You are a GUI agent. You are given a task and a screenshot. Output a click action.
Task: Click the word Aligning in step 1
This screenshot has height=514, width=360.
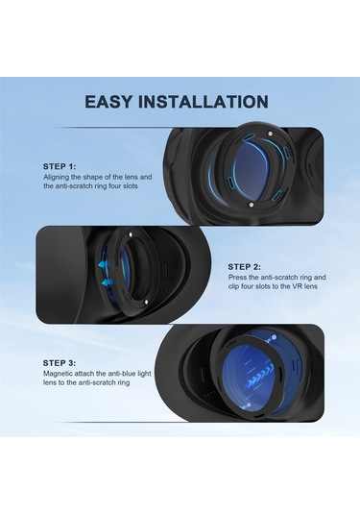59,177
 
